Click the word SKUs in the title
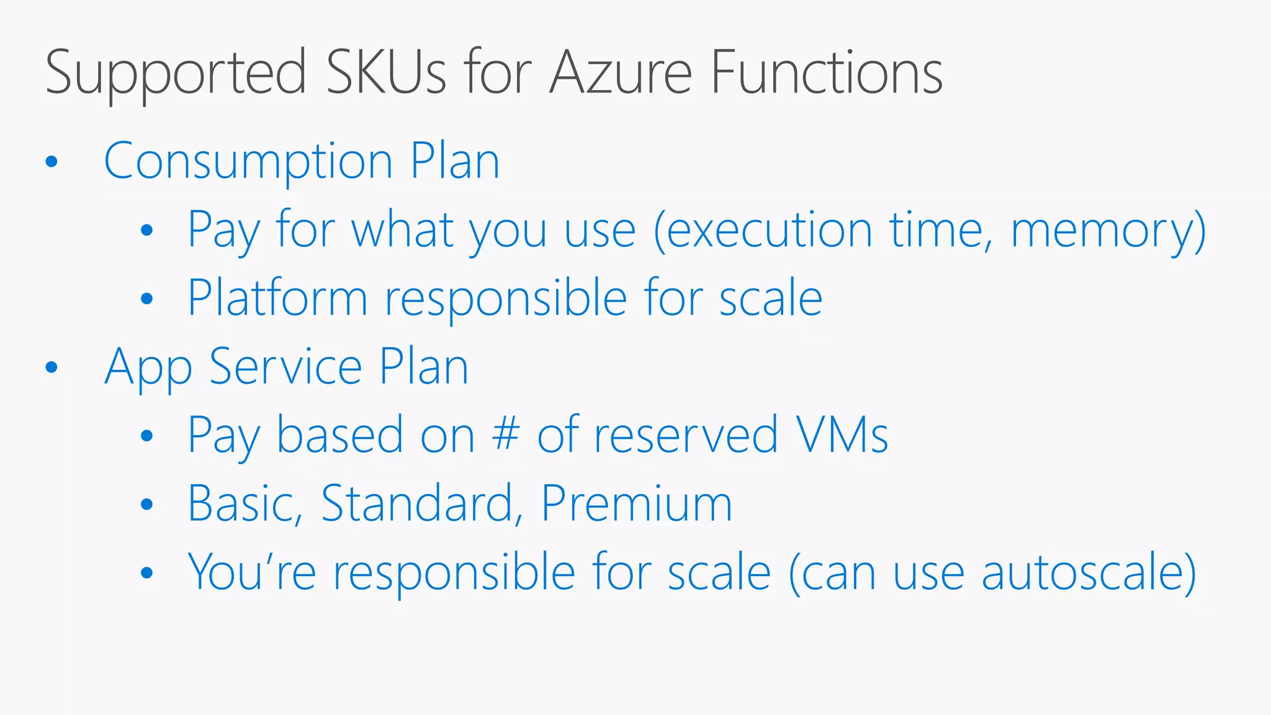[386, 73]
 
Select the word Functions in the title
[826, 73]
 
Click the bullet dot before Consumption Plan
[52, 162]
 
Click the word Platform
[277, 299]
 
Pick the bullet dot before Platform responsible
[146, 299]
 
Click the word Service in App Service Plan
[285, 367]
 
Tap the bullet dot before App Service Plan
[52, 367]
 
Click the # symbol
[505, 434]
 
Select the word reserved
[685, 434]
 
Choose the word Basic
[244, 503]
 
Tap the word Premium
[637, 503]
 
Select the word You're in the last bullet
[252, 572]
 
